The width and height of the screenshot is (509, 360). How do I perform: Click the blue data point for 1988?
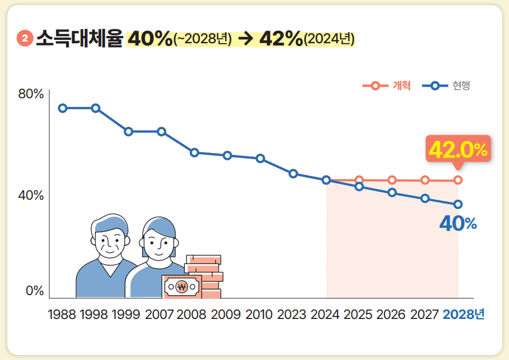pos(63,108)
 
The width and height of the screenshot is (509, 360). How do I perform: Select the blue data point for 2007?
pos(162,131)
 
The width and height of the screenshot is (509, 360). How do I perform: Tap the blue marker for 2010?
pos(260,159)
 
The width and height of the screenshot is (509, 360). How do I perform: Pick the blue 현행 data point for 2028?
pos(458,204)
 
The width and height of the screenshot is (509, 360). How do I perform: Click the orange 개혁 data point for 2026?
pos(392,180)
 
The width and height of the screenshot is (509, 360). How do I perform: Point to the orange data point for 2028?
pos(458,180)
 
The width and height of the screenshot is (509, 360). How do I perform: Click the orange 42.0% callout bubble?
pos(458,150)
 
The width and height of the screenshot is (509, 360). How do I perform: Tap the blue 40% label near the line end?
pos(457,224)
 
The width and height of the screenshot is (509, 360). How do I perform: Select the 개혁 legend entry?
pos(387,86)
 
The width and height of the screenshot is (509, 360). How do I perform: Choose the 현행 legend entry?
pos(446,86)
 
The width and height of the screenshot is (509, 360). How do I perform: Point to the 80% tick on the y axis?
pos(31,94)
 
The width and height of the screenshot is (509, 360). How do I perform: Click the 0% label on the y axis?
pos(34,291)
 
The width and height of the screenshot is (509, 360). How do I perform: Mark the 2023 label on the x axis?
pos(291,315)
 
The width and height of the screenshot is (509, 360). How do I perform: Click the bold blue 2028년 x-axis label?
pos(463,315)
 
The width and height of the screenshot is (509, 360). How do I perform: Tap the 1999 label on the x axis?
pos(126,315)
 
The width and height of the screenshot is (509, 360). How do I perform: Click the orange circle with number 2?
pos(26,39)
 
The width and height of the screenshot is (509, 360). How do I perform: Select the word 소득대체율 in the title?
pos(79,39)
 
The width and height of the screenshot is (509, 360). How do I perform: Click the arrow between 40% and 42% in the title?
pos(245,39)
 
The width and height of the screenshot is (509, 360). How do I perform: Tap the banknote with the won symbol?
pos(182,287)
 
